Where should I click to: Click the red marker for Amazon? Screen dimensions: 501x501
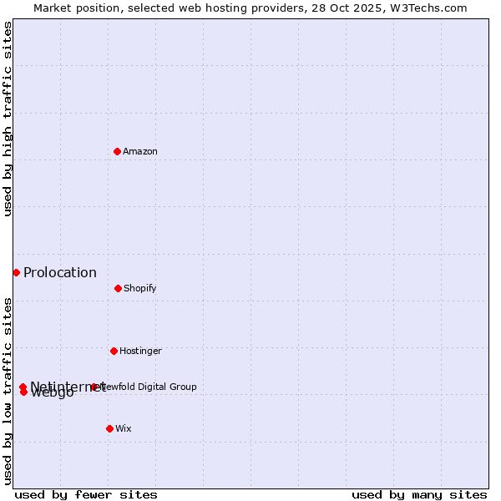point(118,151)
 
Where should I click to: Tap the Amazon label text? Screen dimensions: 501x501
point(140,152)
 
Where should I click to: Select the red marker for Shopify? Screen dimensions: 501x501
point(118,288)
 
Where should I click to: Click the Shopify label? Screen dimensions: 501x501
point(140,289)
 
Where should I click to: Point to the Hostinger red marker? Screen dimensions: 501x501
point(114,351)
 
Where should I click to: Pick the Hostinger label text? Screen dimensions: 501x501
point(140,352)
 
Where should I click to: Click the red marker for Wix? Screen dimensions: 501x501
point(109,428)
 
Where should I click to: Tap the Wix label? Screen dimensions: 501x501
point(124,429)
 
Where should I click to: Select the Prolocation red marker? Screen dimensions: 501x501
point(16,272)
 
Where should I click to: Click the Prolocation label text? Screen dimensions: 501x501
point(60,273)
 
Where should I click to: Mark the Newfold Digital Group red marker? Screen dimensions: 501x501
point(94,387)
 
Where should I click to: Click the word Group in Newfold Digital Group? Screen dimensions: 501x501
point(182,387)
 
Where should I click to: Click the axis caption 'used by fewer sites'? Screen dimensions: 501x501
point(86,494)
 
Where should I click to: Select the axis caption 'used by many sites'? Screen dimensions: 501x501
point(419,494)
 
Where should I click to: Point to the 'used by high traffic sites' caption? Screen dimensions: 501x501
point(8,119)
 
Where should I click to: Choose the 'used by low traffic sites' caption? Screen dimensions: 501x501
point(8,391)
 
